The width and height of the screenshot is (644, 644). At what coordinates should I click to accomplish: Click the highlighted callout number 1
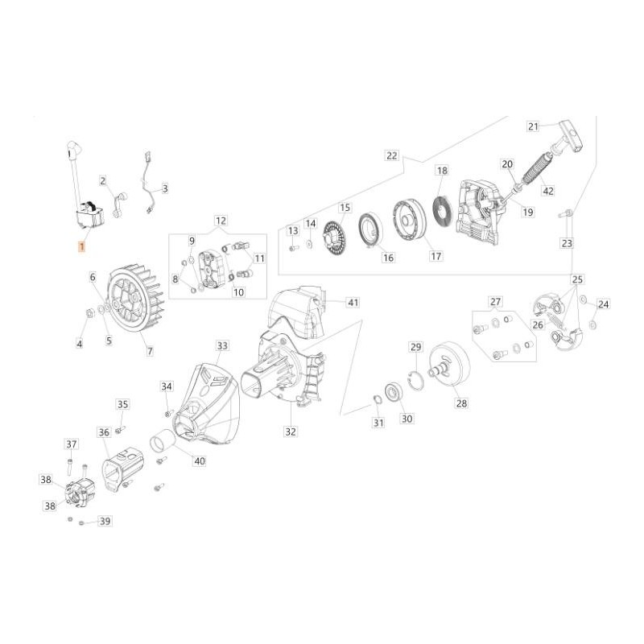pos(80,248)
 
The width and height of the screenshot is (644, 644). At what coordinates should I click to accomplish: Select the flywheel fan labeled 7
pos(134,299)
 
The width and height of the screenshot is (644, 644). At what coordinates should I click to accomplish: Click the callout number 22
pos(392,155)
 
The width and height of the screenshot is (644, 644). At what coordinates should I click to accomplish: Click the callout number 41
pos(353,302)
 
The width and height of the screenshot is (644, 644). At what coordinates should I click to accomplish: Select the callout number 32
pos(290,431)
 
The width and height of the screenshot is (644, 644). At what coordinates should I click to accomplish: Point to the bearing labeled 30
pos(394,392)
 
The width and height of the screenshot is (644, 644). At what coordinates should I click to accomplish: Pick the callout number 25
pos(577,279)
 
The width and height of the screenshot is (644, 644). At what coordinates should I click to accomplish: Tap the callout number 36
pos(104,432)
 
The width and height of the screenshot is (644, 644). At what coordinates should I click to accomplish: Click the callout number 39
pos(104,521)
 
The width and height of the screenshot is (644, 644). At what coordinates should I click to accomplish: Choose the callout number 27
pos(495,303)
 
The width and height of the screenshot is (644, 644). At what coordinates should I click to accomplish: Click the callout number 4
pos(80,344)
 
